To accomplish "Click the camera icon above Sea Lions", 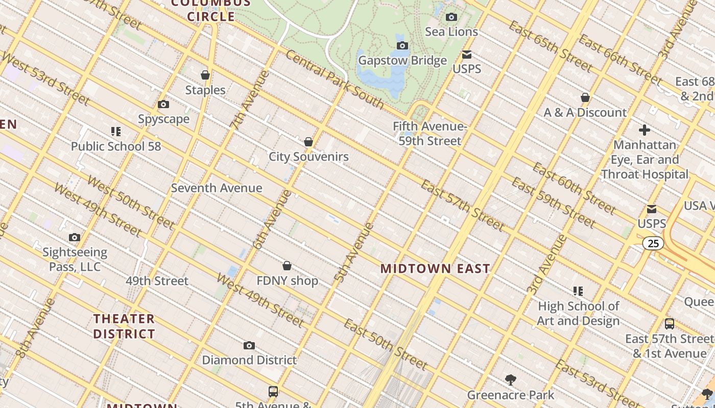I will click(451, 17).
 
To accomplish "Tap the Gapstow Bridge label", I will click(402, 61).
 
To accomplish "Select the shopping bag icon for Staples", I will click(205, 75).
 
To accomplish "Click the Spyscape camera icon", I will click(163, 105).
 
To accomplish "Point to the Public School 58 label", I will click(115, 146).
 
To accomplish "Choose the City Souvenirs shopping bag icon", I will click(308, 142).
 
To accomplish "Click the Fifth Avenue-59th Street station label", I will click(430, 134).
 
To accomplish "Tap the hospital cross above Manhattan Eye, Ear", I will click(645, 130).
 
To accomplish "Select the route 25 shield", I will click(653, 243).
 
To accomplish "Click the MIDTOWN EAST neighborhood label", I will click(435, 268).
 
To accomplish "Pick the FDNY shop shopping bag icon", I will click(287, 266).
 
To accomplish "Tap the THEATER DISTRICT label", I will click(124, 326).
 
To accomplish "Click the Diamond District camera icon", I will click(249, 346).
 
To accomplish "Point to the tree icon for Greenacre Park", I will click(510, 380).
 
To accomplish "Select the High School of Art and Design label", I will click(578, 314).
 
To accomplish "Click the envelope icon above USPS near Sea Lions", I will click(467, 55).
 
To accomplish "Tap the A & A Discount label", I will click(585, 113).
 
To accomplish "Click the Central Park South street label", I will click(334, 80).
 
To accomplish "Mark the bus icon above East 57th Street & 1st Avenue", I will click(669, 324).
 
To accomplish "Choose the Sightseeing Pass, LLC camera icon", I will click(75, 238).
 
